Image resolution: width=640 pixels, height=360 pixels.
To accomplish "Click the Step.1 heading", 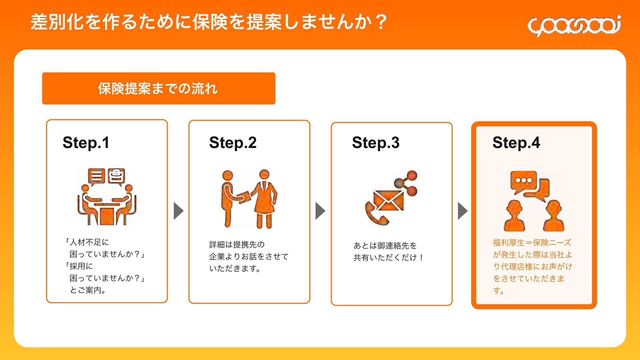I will [86, 143].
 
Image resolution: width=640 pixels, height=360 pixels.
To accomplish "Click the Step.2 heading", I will [233, 143].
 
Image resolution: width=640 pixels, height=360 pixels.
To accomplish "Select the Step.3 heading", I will [376, 143].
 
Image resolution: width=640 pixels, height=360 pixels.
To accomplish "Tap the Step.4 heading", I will [516, 143].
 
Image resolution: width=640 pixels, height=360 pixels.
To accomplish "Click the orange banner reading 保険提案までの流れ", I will [158, 88].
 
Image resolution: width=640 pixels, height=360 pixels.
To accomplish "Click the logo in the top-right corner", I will [574, 25].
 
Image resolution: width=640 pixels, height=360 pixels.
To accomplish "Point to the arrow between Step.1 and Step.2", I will [179, 211].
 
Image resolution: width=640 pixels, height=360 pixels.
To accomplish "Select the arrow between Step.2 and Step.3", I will [320, 211].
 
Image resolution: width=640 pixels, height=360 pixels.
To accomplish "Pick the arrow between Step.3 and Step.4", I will [462, 211].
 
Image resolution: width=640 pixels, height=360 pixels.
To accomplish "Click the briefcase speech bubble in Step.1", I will [116, 176].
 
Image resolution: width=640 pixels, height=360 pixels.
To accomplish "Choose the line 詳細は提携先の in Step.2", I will [237, 245].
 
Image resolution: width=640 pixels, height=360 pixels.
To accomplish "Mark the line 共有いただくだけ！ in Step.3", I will [388, 258].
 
